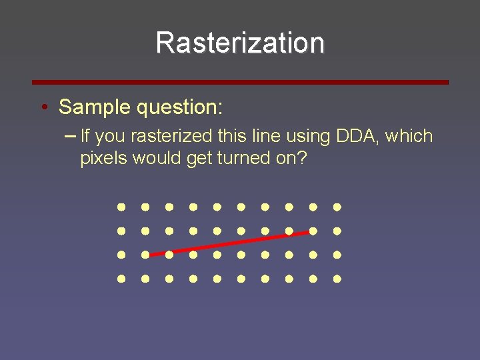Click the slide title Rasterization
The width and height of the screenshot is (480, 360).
click(x=240, y=43)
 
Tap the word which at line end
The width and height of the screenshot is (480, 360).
click(x=409, y=137)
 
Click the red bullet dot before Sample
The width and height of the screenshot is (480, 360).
click(x=43, y=107)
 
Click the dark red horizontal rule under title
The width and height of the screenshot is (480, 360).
click(x=240, y=82)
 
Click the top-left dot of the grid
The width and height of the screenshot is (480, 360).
click(x=122, y=207)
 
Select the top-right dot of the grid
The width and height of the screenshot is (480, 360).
click(x=337, y=207)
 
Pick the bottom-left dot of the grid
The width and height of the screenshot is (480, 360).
click(x=122, y=279)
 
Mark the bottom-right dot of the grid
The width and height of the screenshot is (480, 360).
click(x=337, y=279)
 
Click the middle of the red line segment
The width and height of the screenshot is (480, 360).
click(x=230, y=243)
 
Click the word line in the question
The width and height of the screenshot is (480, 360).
click(x=267, y=137)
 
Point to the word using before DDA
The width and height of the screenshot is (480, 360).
click(x=307, y=137)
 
